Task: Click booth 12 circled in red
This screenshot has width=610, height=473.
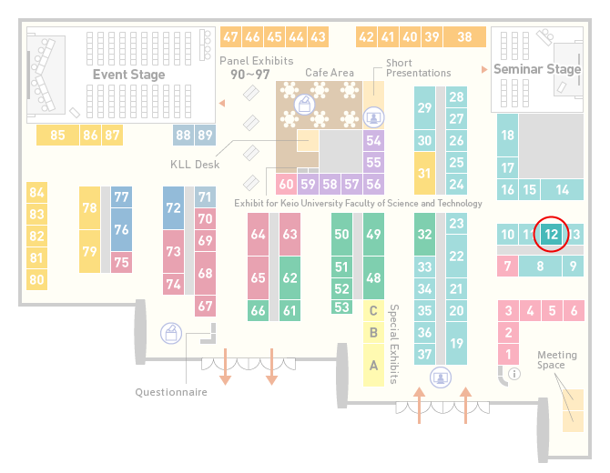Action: (551, 234)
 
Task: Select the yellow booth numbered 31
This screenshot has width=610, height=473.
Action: (424, 173)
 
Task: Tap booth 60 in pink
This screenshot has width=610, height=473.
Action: (286, 184)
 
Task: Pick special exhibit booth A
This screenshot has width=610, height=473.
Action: (373, 366)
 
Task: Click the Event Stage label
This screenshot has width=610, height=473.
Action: (128, 75)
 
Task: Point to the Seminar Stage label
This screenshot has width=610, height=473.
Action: (537, 69)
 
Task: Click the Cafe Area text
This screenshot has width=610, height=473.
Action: (330, 73)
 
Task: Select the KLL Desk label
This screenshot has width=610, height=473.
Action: (195, 165)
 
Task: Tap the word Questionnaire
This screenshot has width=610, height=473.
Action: (171, 392)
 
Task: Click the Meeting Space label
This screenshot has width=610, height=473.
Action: (556, 360)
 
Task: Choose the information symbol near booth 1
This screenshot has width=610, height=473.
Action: (514, 374)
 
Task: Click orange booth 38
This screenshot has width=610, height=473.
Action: (465, 37)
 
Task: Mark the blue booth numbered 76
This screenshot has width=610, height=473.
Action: (121, 230)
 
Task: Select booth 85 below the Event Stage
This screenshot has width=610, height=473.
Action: (57, 136)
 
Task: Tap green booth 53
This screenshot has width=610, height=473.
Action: (342, 307)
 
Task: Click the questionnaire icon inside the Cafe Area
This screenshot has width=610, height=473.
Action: (304, 105)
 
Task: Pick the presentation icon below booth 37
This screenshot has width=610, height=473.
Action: (441, 377)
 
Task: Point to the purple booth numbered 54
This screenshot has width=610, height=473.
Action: (373, 140)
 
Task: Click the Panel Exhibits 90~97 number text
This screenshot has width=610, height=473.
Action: (250, 75)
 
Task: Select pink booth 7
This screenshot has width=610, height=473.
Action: (507, 267)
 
